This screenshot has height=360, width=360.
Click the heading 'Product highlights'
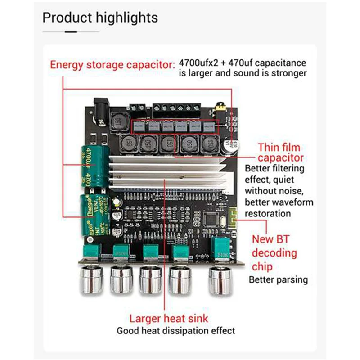tap(100, 18)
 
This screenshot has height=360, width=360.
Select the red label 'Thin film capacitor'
tap(279, 153)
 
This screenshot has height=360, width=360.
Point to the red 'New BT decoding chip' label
tap(274, 252)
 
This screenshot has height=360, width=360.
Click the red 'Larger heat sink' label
tap(169, 319)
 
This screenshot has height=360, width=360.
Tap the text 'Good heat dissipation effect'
tap(175, 331)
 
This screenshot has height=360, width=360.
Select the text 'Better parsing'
tap(279, 279)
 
